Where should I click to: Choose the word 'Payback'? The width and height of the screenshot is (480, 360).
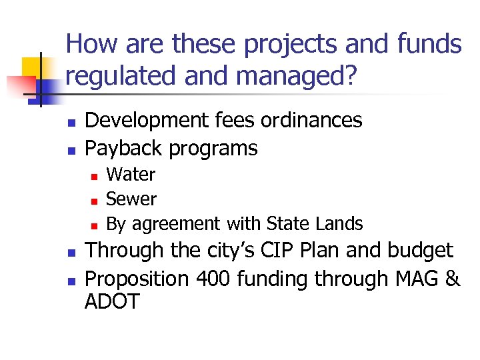(124, 148)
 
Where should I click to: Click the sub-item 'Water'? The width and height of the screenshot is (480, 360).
(131, 175)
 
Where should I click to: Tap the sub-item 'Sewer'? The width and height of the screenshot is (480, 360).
(131, 199)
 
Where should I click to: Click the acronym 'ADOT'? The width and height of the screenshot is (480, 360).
(112, 302)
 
